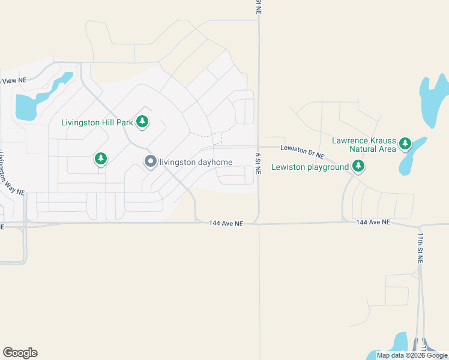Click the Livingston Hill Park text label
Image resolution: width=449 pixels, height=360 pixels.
click(x=97, y=122)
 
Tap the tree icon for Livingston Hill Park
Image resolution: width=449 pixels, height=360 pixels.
click(x=143, y=122)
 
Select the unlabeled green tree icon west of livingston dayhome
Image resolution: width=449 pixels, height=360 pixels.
click(x=101, y=158)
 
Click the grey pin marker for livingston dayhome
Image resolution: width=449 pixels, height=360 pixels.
click(x=150, y=161)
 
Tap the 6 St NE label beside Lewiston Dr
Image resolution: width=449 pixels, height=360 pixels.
click(x=258, y=163)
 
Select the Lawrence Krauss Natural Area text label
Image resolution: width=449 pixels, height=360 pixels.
click(x=364, y=145)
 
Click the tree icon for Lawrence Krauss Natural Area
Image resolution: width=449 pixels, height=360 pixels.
click(x=406, y=143)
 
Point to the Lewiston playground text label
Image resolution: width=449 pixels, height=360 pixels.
click(x=310, y=167)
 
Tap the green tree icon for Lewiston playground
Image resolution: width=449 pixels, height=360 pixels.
click(x=358, y=166)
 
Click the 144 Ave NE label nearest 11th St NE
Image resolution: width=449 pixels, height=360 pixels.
click(x=373, y=222)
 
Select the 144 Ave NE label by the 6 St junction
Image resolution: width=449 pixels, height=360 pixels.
click(x=226, y=223)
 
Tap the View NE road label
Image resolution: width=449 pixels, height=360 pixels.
click(x=14, y=80)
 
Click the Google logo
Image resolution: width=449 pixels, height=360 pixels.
click(x=20, y=353)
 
